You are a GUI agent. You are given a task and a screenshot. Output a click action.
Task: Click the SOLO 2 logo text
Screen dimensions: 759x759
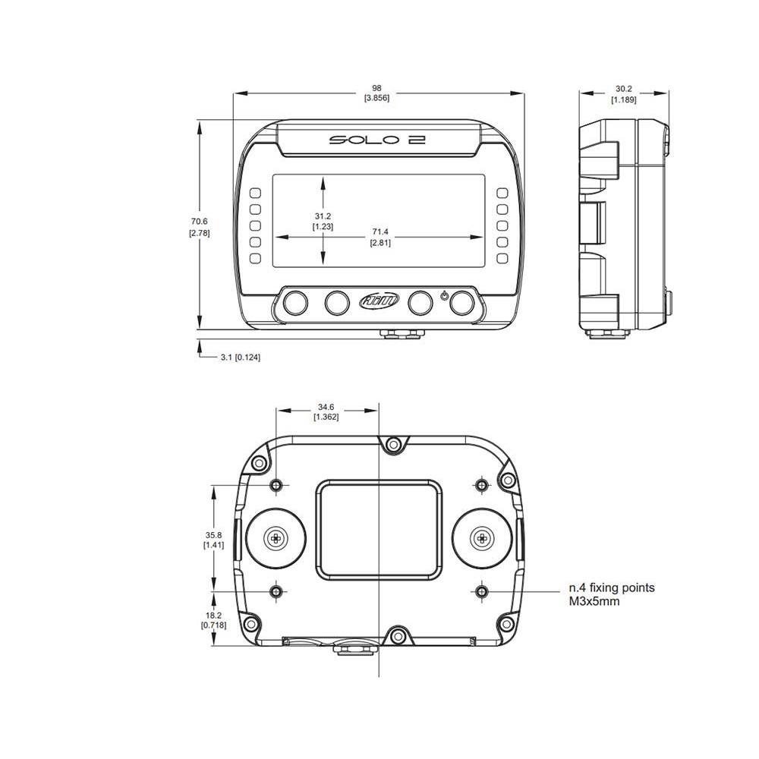click(376, 140)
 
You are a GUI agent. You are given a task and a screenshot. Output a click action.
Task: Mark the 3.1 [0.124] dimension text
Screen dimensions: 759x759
click(240, 357)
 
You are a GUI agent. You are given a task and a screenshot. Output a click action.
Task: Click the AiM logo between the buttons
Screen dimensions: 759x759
click(377, 302)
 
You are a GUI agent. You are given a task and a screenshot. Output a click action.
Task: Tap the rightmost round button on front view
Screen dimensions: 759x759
click(461, 303)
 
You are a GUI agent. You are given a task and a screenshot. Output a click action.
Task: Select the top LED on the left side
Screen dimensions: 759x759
click(255, 193)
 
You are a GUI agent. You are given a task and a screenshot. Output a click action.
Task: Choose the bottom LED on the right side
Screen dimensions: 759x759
click(502, 259)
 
